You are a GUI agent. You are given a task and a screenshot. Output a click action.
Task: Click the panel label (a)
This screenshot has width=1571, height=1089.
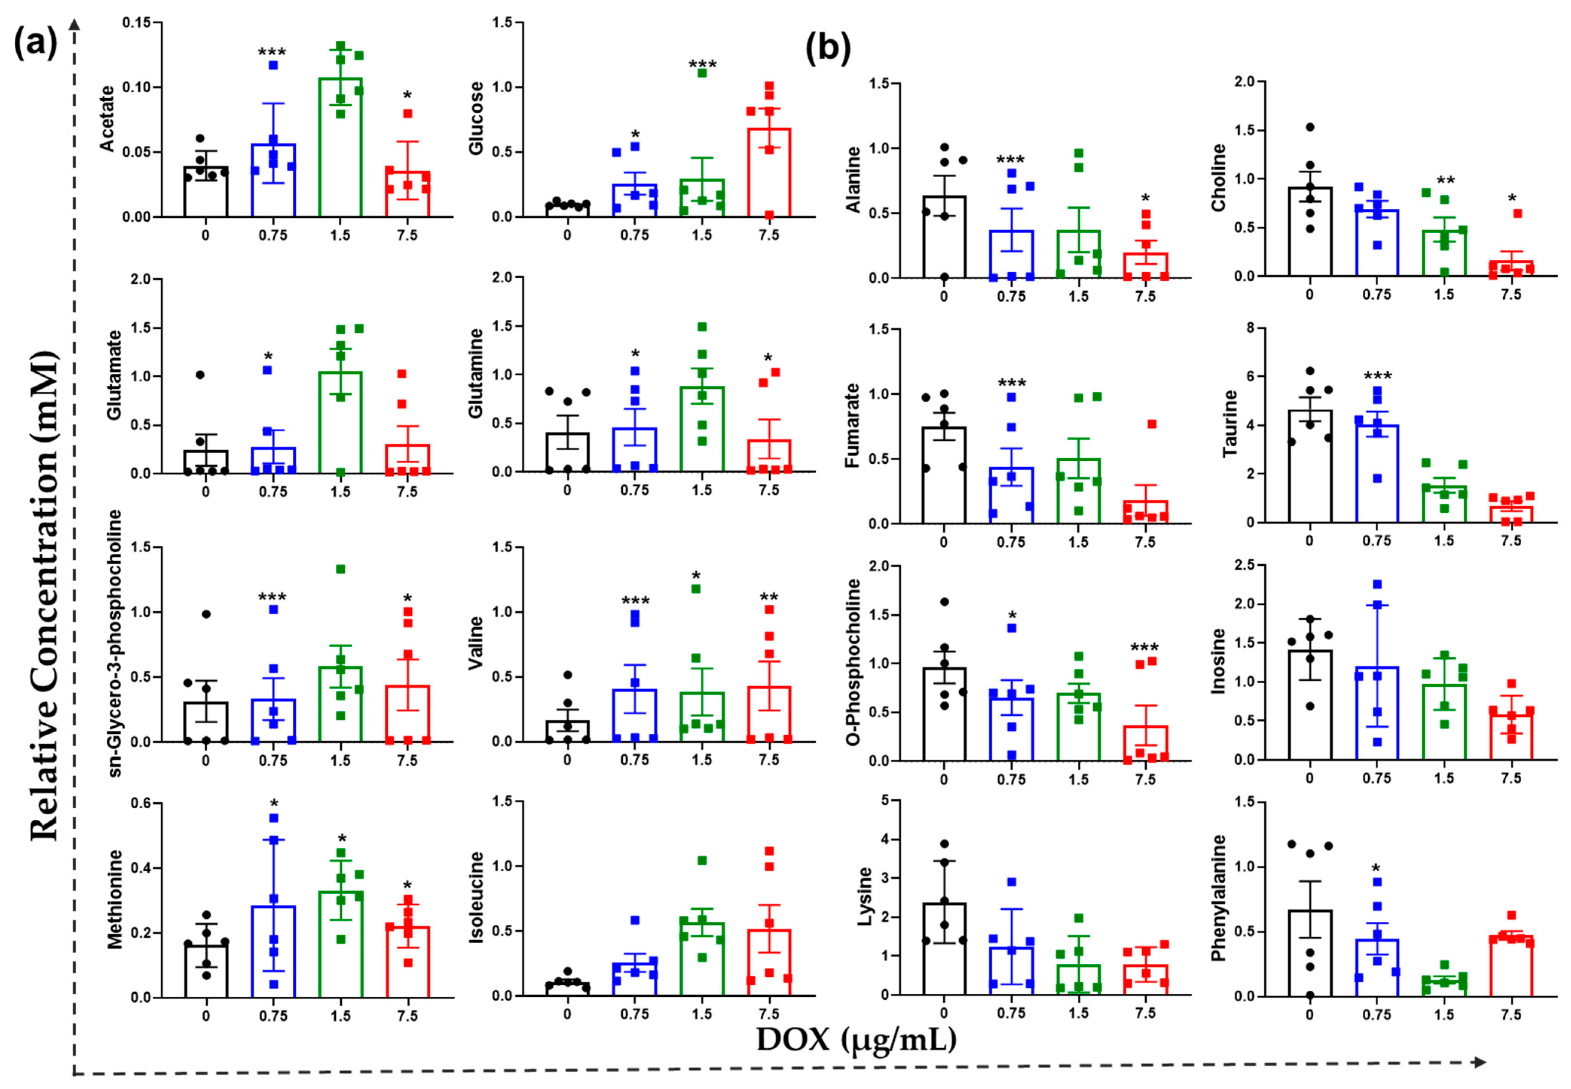pos(35,45)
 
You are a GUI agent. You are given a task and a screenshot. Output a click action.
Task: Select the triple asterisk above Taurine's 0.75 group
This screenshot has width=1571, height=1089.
pos(1377,377)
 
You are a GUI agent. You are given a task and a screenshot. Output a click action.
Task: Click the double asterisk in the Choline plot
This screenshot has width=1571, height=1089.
pos(1445,181)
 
